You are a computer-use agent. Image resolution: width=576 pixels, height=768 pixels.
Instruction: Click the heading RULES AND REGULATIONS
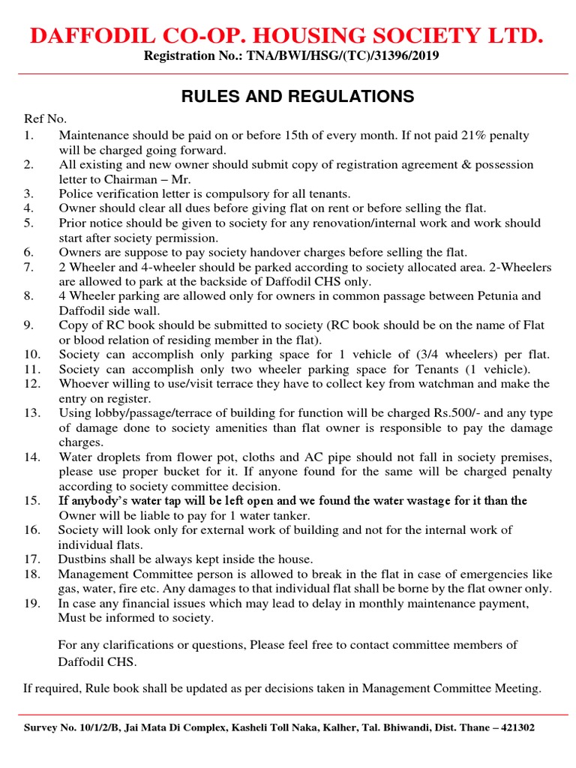click(297, 96)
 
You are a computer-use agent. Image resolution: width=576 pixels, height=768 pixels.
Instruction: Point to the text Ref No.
click(45, 118)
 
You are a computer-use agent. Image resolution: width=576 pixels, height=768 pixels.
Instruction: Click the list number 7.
click(28, 267)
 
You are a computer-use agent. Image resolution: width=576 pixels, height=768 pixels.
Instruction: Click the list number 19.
click(31, 604)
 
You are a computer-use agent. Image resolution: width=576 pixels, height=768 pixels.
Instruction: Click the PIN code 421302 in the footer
click(517, 727)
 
